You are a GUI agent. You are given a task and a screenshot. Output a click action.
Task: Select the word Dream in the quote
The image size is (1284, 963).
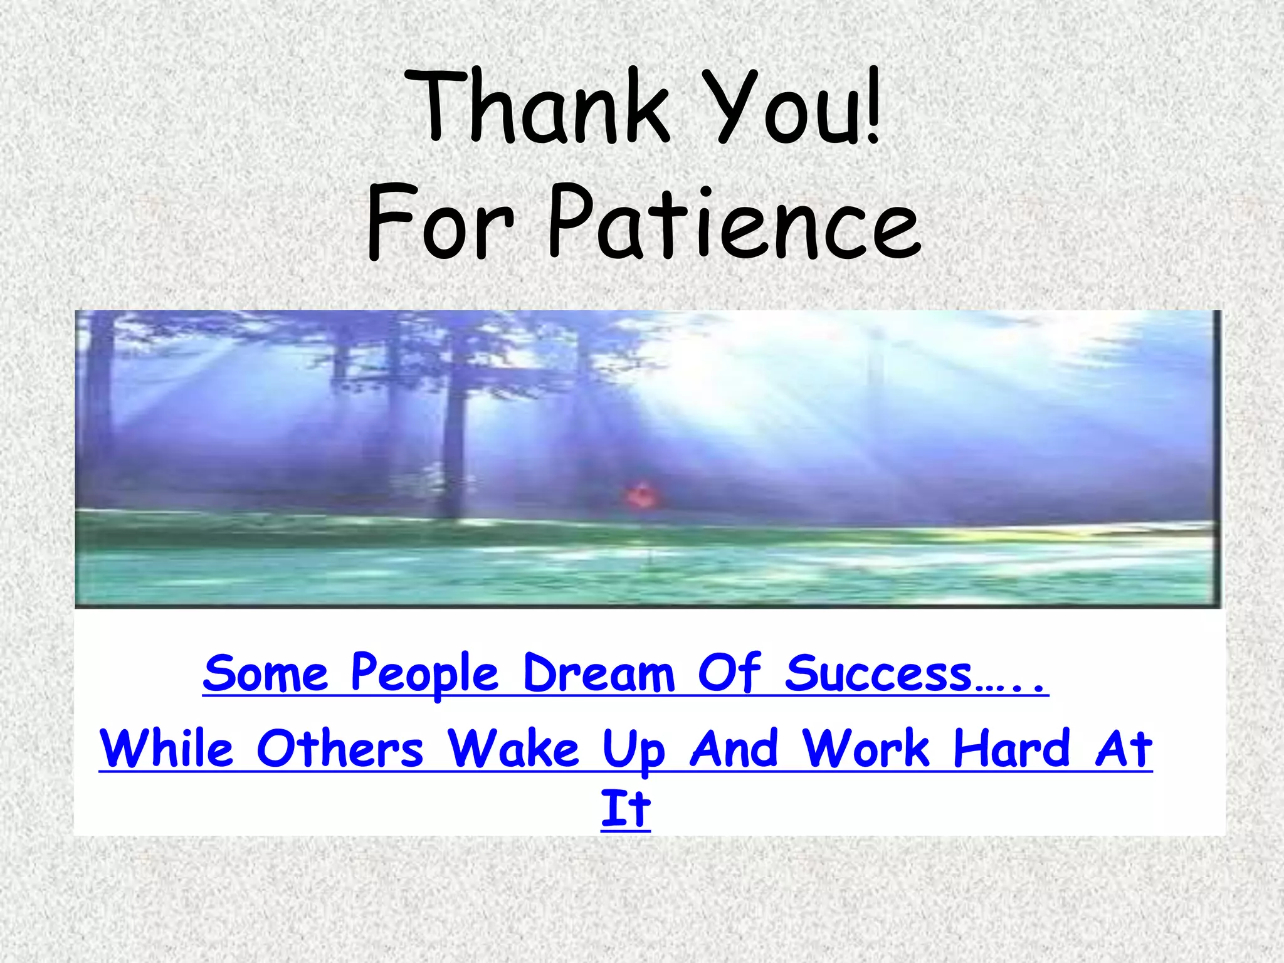coord(599,674)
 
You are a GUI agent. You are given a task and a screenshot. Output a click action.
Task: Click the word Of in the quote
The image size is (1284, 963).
coord(730,674)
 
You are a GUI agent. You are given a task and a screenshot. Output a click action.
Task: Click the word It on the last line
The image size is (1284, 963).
coord(626,809)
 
